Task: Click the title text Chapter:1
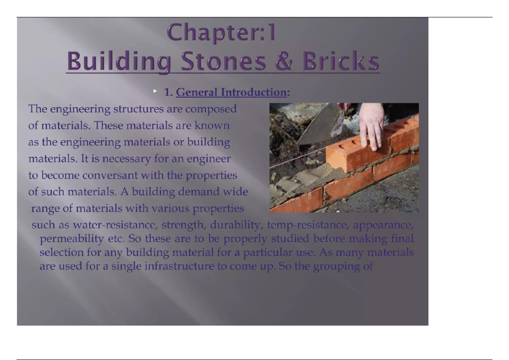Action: tap(221, 33)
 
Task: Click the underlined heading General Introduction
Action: tap(231, 92)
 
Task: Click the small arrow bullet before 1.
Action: tap(155, 91)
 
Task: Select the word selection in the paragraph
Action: tap(59, 253)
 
